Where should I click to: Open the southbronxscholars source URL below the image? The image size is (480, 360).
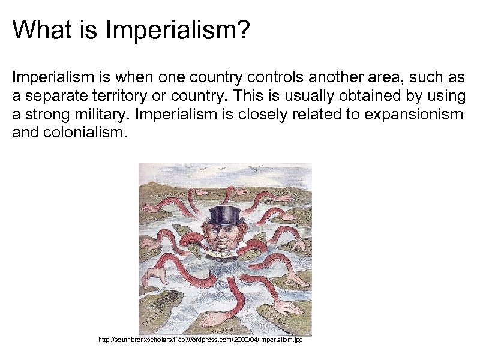pyautogui.click(x=200, y=341)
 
